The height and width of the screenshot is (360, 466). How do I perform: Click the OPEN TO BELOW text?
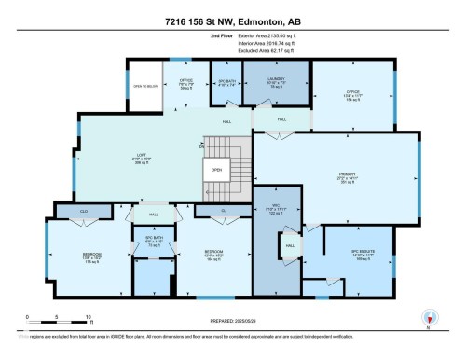click(x=144, y=87)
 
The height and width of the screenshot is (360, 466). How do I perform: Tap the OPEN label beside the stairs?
click(x=215, y=170)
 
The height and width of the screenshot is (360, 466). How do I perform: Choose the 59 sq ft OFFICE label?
click(x=186, y=81)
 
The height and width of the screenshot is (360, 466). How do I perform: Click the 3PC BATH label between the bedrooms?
click(x=151, y=241)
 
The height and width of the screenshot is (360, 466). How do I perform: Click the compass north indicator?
click(x=428, y=317)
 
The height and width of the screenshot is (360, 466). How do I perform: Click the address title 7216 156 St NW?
click(x=232, y=21)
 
